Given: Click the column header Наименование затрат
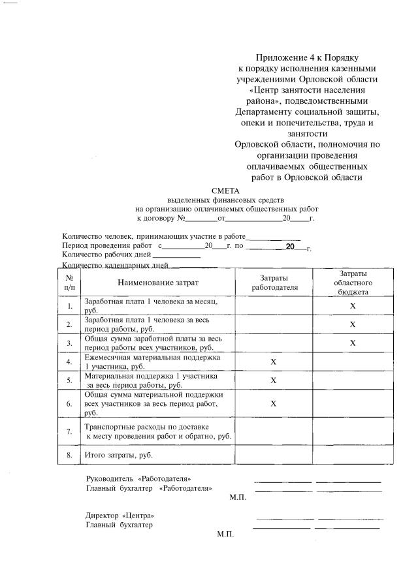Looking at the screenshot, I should pyautogui.click(x=157, y=283).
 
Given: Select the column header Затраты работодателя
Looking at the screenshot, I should pyautogui.click(x=274, y=283).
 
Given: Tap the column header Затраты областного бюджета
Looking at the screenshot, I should pyautogui.click(x=353, y=283).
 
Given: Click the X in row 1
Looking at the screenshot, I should pyautogui.click(x=353, y=305).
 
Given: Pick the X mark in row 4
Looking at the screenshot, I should pyautogui.click(x=274, y=362).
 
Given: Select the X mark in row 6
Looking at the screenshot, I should pyautogui.click(x=274, y=403).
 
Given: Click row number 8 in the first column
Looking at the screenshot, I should pyautogui.click(x=69, y=454).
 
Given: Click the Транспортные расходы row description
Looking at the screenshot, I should pyautogui.click(x=157, y=431).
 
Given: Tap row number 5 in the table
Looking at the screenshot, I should pyautogui.click(x=69, y=380).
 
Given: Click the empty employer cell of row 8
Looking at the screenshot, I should pyautogui.click(x=274, y=454).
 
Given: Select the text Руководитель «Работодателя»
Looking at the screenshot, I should pyautogui.click(x=138, y=479).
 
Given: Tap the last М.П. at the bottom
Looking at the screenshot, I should pyautogui.click(x=225, y=534).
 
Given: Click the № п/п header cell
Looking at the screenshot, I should pyautogui.click(x=69, y=283).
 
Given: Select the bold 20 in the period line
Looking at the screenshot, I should pyautogui.click(x=291, y=247).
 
